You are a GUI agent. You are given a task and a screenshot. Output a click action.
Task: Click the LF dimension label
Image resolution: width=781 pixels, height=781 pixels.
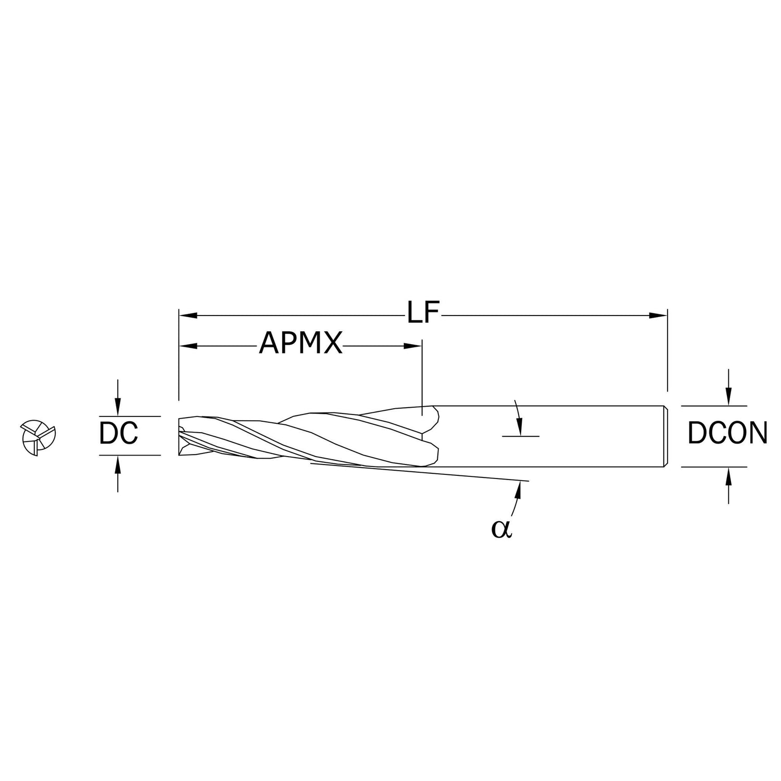point(424,314)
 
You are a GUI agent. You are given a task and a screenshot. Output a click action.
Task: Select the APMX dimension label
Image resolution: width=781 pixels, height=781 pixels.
point(301,344)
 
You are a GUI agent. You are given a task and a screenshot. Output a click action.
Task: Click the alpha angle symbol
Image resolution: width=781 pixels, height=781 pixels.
point(502,528)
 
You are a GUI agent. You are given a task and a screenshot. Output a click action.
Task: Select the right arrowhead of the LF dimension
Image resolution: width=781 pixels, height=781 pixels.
point(659,315)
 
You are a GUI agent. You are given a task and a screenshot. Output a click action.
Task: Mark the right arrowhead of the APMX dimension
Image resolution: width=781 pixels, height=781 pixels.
point(413,345)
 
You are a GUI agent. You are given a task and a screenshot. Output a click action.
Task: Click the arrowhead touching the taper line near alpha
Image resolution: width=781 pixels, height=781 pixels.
point(519,489)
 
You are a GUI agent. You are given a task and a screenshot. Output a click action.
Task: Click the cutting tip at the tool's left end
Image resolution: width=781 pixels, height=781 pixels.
point(180,435)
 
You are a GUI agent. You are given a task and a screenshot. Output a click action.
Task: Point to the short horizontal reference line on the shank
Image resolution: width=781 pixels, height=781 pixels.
point(521,436)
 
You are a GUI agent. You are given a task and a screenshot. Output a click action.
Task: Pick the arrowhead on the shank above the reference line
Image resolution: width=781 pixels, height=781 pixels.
point(519,428)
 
